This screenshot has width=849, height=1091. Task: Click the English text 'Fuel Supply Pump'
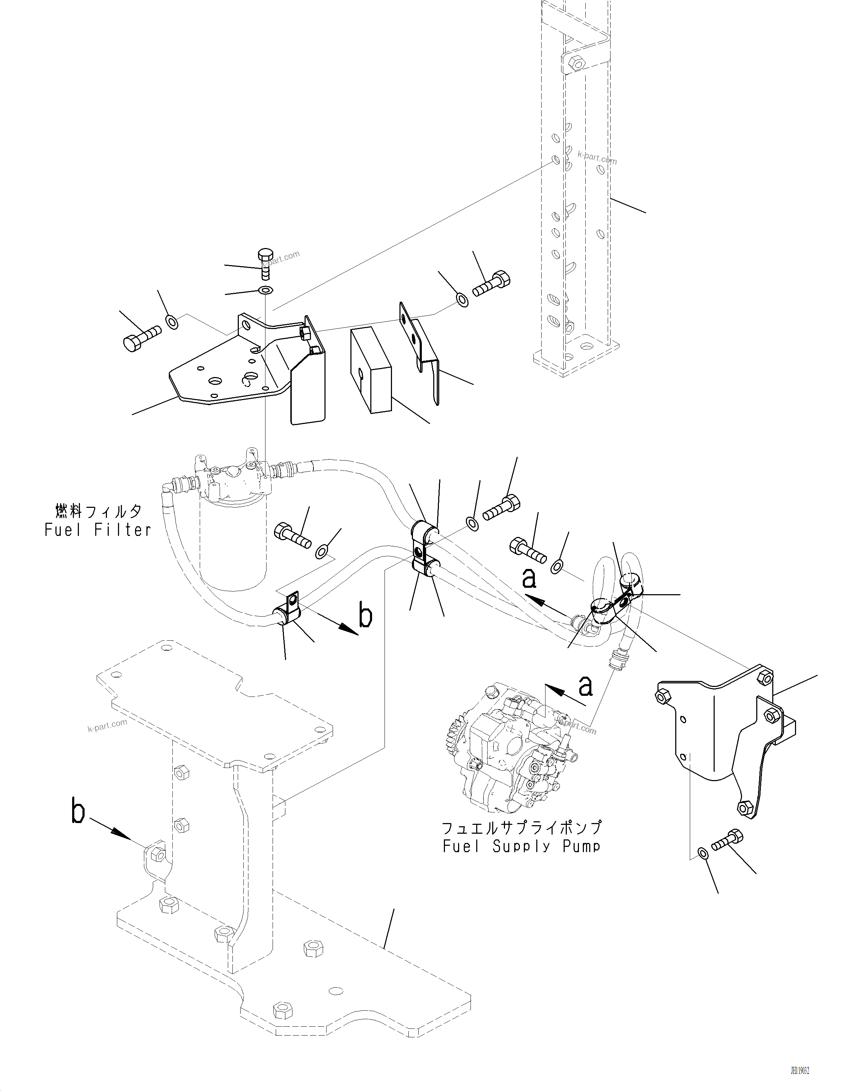[x=521, y=846]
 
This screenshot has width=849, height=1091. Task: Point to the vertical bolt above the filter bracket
[x=265, y=265]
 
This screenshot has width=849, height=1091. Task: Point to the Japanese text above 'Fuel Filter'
[x=98, y=511]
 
